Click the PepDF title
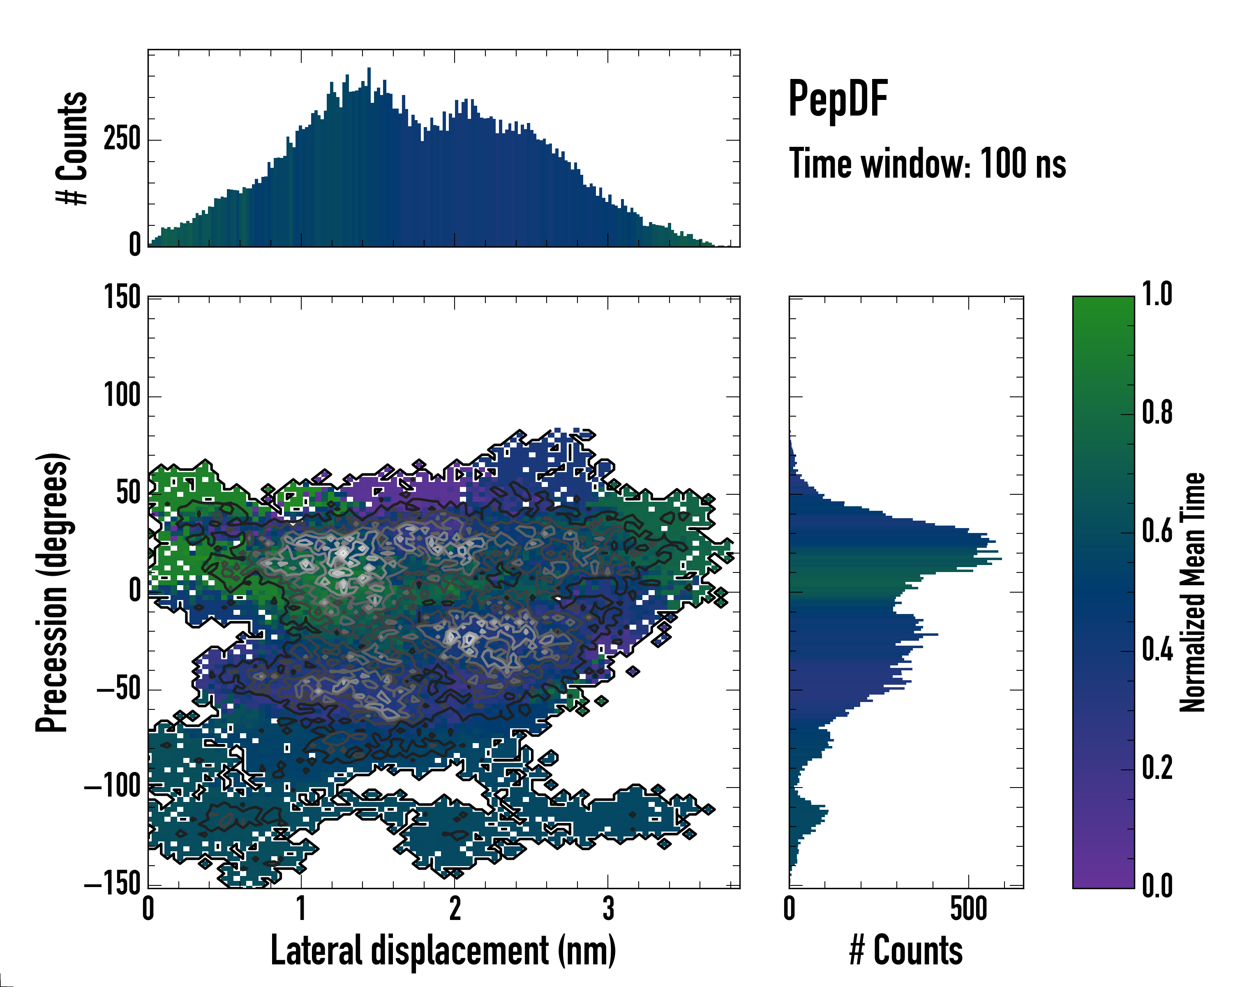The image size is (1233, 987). [838, 99]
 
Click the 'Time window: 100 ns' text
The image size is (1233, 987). [927, 164]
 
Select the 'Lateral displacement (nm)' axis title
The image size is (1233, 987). [443, 950]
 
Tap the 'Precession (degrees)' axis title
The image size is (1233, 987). [53, 592]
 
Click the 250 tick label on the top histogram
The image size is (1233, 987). [122, 139]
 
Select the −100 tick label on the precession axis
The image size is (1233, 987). [113, 788]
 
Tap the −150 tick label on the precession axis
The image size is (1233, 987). [113, 885]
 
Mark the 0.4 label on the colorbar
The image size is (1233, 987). [1157, 651]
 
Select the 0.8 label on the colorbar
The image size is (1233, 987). [1157, 413]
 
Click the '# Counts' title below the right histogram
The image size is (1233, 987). [906, 950]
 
